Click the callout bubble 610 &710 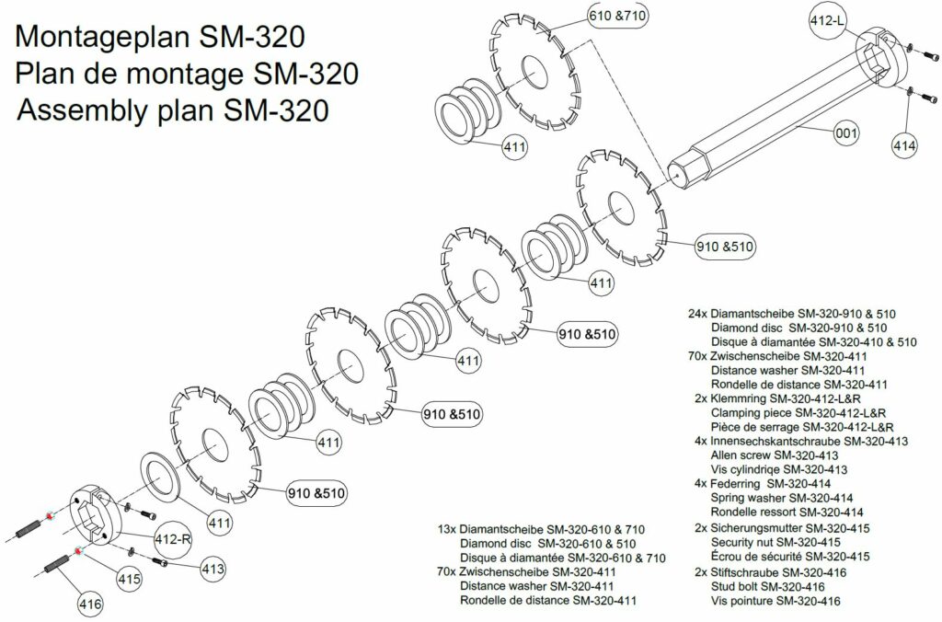tap(618, 16)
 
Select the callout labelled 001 tap(846, 132)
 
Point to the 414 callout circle tap(904, 145)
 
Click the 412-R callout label tap(173, 539)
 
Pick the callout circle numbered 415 tap(129, 579)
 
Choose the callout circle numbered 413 tap(213, 569)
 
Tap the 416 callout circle tap(90, 603)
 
